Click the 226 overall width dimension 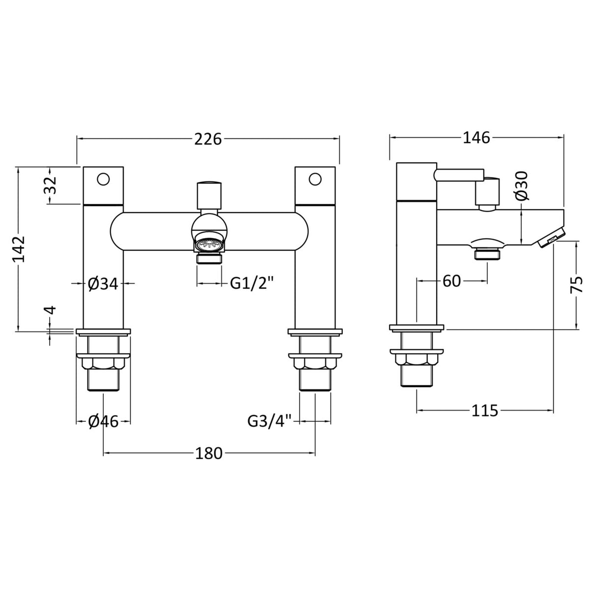tap(209, 140)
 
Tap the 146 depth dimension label tap(476, 138)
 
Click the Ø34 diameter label tap(103, 284)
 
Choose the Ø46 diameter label tap(103, 421)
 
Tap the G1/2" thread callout tap(252, 283)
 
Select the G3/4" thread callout tap(269, 421)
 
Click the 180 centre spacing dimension tap(209, 453)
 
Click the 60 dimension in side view tap(451, 281)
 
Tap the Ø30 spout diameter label tap(522, 185)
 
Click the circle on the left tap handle tap(103, 179)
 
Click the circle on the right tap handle tap(315, 179)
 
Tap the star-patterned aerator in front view tap(209, 243)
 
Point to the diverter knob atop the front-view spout tap(209, 195)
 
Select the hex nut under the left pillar tap(103, 364)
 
